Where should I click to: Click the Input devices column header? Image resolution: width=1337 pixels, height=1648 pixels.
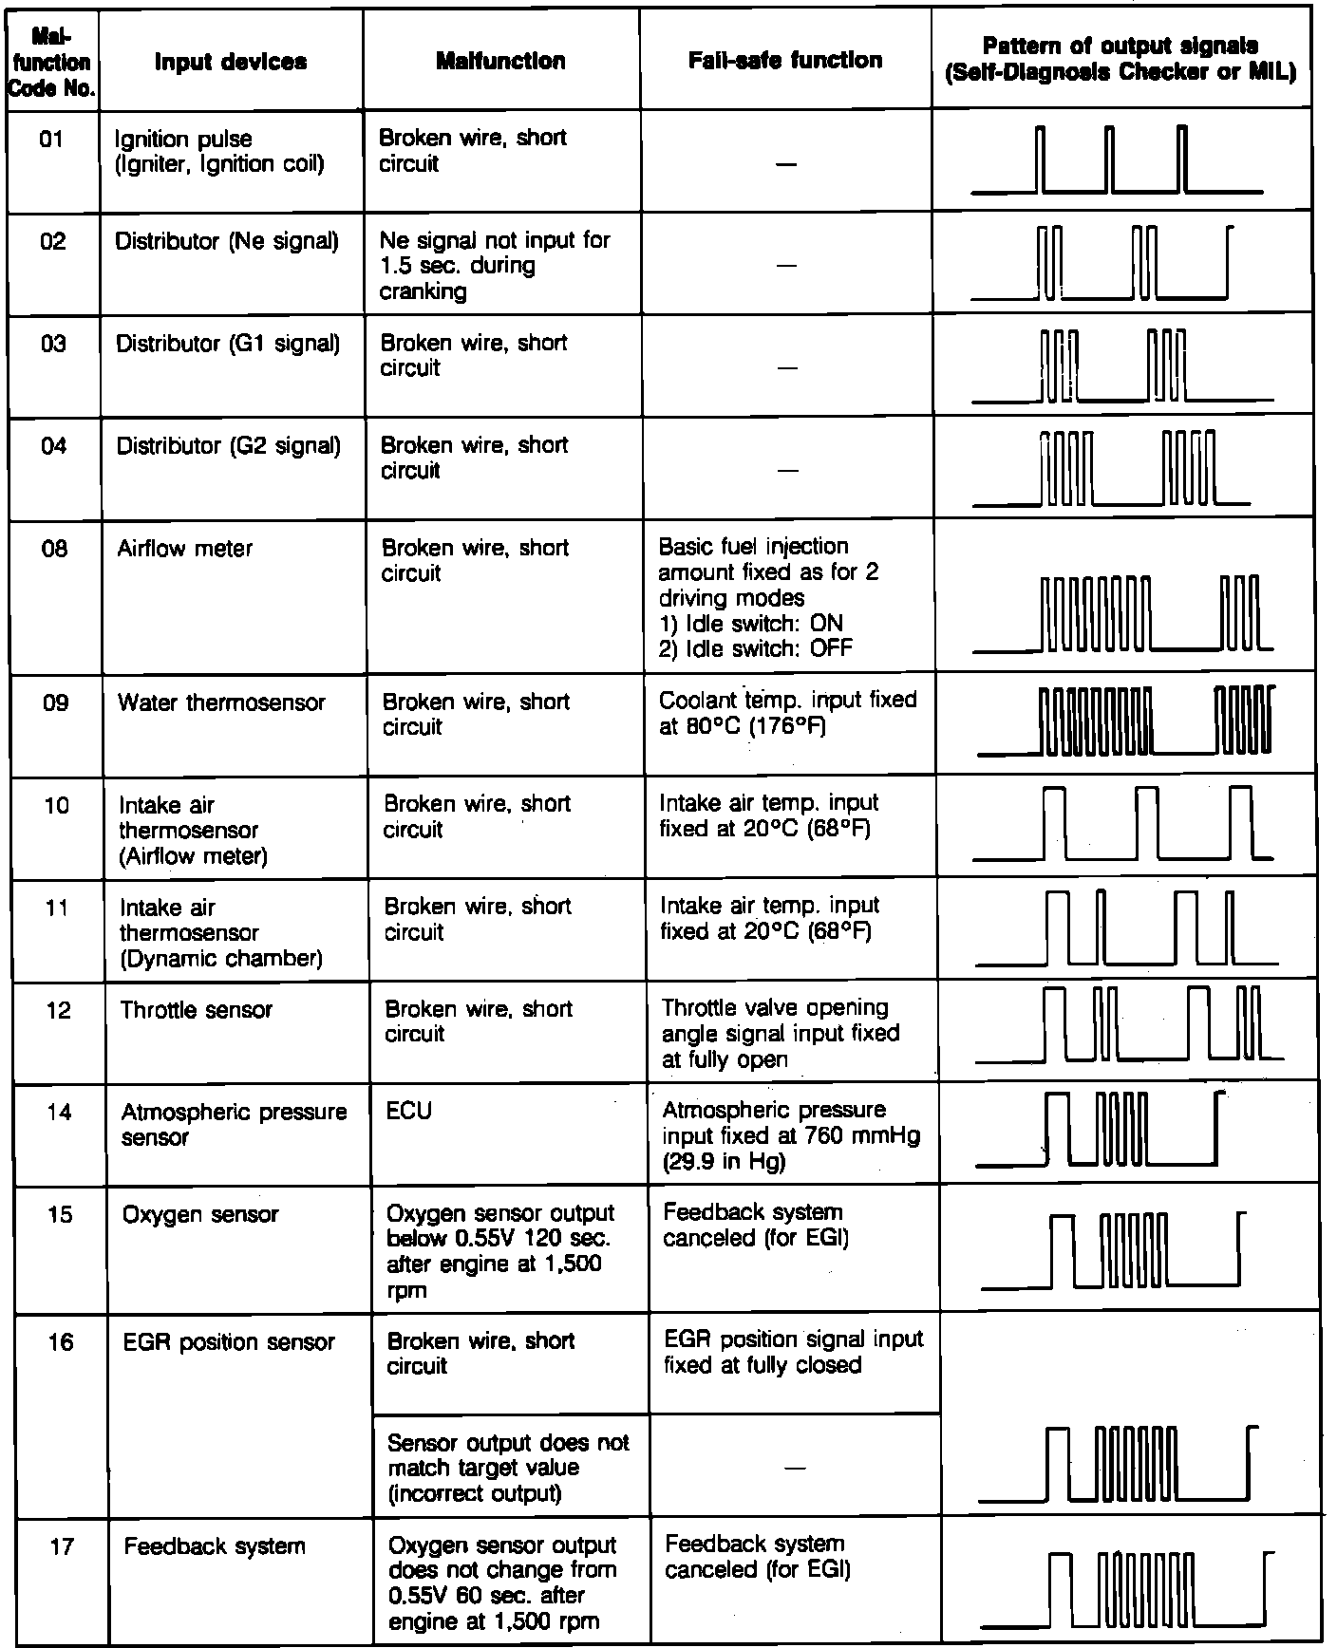(231, 62)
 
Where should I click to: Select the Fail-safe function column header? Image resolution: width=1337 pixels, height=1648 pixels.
(785, 61)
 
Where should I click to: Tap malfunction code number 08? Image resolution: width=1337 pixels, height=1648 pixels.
(55, 549)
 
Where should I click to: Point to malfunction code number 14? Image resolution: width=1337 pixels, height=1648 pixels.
(59, 1111)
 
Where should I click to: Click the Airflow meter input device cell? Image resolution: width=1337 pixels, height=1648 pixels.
(185, 549)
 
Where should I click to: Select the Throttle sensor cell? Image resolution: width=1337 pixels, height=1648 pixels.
(197, 1010)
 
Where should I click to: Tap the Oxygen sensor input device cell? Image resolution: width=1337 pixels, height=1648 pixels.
(200, 1214)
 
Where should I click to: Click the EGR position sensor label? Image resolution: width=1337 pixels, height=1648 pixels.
(229, 1342)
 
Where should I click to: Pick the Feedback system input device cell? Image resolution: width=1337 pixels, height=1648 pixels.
(215, 1546)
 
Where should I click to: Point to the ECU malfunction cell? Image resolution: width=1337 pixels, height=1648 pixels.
(409, 1111)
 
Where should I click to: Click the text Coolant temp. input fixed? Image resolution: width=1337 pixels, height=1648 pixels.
(787, 701)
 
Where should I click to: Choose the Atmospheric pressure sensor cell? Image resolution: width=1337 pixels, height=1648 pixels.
(234, 1124)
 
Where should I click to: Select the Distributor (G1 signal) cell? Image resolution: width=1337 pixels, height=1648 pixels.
(228, 344)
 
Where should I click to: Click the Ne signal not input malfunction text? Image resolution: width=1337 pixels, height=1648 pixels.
(494, 265)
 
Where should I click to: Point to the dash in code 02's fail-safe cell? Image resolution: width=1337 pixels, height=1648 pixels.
(785, 267)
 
